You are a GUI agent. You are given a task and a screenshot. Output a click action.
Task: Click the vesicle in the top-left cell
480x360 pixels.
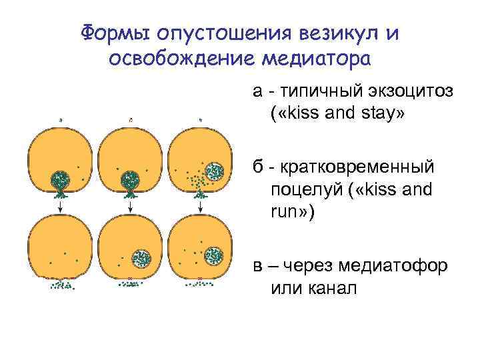[61, 179]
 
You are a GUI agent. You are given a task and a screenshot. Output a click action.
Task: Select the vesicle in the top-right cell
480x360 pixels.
[215, 172]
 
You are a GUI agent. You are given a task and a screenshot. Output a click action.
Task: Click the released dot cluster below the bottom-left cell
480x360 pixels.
[62, 285]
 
